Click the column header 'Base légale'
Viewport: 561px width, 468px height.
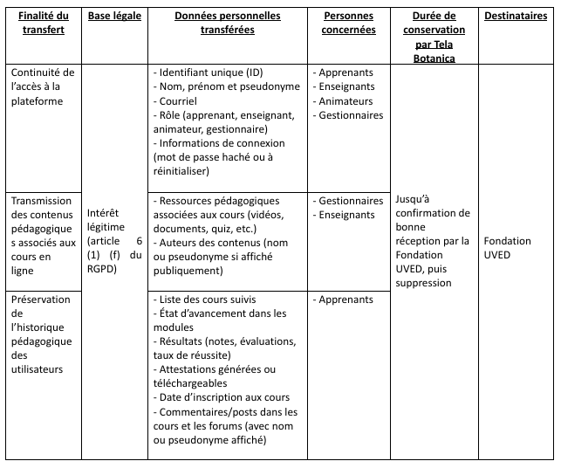pos(116,17)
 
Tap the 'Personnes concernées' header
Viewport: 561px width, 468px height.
pos(348,23)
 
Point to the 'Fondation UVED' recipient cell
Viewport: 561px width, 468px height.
pos(502,247)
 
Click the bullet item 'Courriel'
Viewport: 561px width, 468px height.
pos(181,100)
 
